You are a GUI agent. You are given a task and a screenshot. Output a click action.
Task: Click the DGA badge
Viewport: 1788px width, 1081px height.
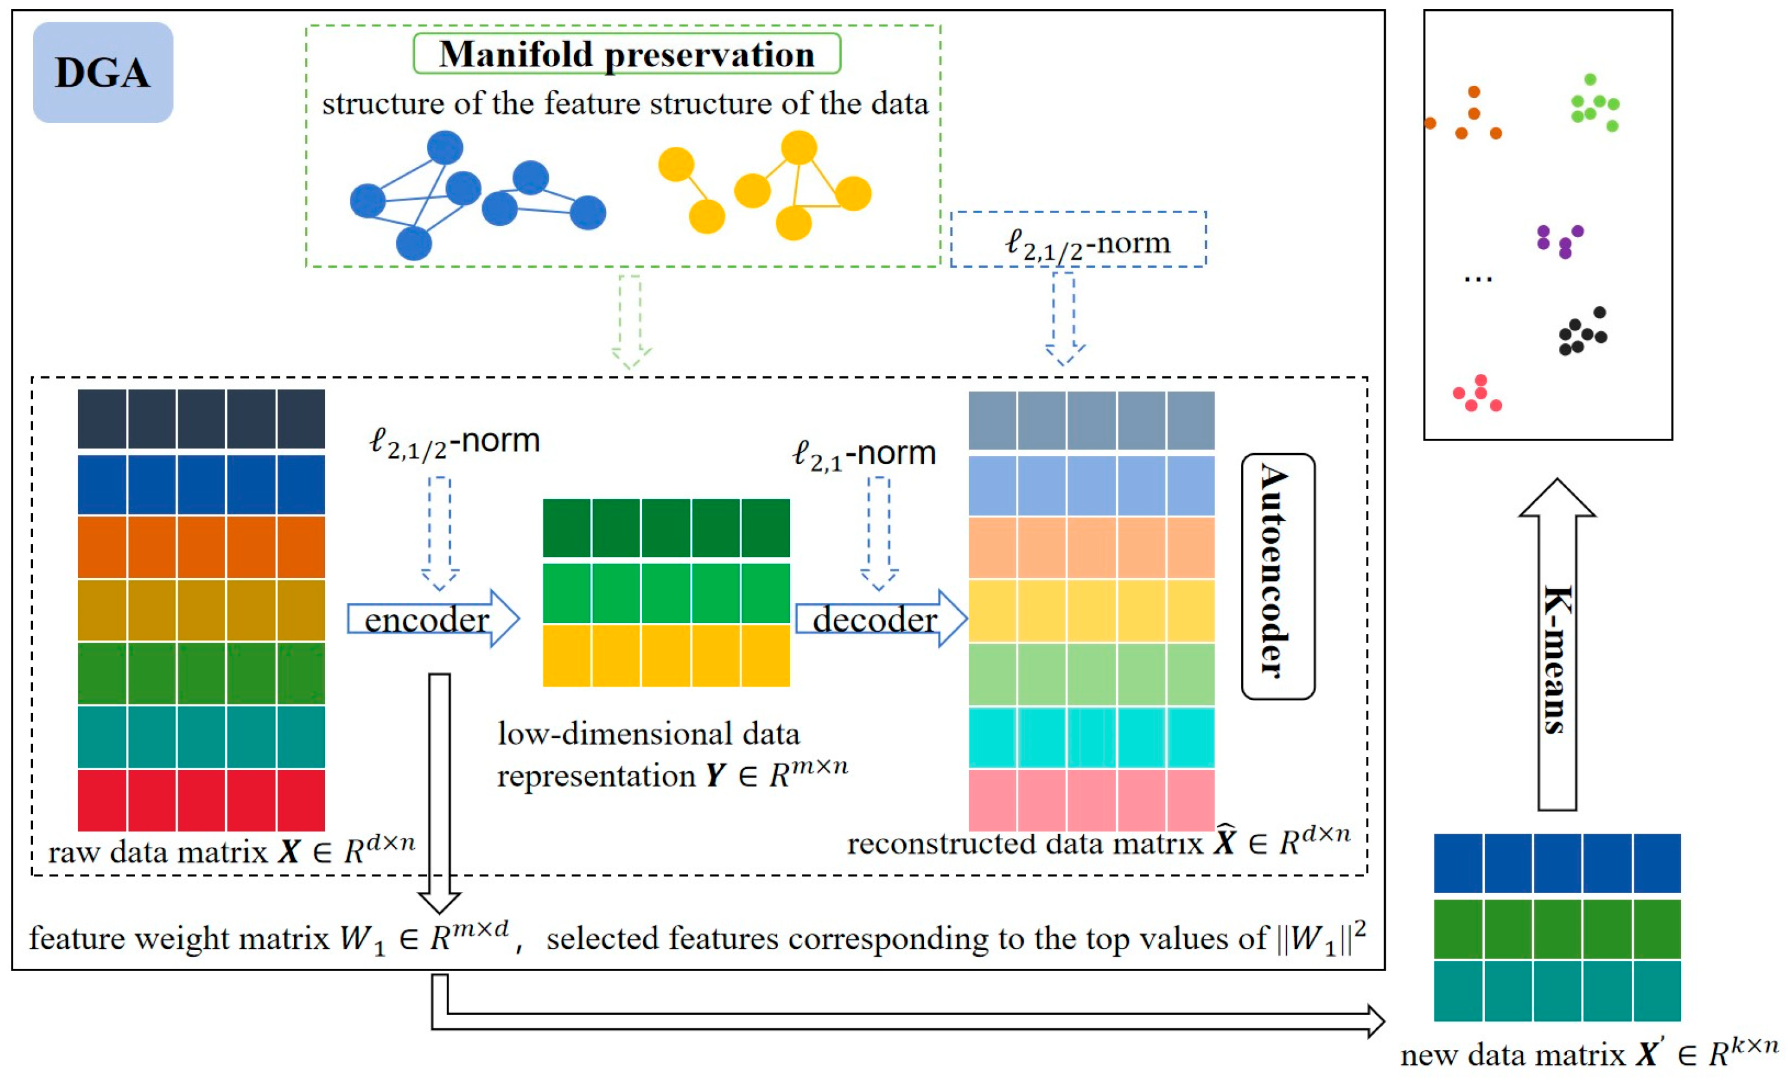tap(102, 73)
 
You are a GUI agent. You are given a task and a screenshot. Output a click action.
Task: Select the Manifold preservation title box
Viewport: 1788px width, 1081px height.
tap(626, 53)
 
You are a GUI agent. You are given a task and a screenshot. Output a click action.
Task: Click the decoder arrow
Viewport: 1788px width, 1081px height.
tap(881, 619)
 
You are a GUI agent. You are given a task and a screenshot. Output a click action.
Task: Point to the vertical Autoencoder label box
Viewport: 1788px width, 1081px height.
tap(1277, 576)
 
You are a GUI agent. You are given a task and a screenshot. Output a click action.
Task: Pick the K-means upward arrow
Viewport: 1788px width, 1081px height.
tap(1556, 646)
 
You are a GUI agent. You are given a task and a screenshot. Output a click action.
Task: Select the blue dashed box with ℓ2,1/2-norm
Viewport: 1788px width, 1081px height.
tap(1078, 240)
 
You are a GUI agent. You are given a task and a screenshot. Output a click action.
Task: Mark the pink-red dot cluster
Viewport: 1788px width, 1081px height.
tap(1478, 394)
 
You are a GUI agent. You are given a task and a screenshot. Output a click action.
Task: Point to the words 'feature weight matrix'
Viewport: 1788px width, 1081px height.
tap(178, 939)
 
